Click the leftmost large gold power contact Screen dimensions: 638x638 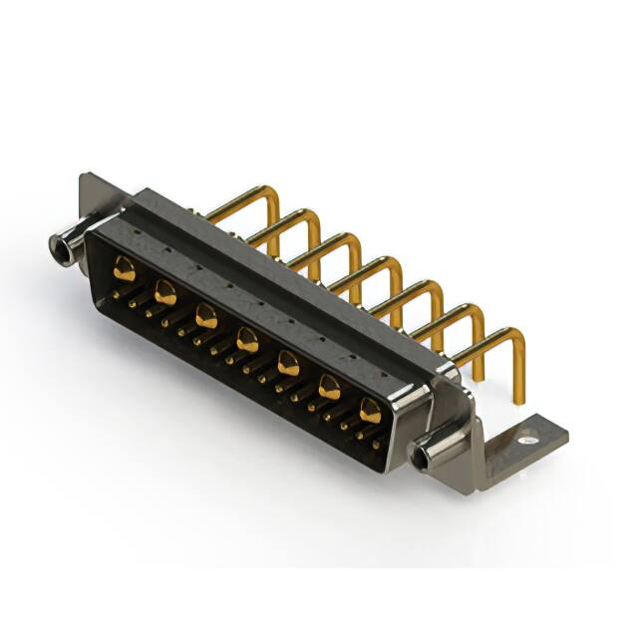124,267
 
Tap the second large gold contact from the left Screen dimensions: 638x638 165,292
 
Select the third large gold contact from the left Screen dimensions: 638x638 206,317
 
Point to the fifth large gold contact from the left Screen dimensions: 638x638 288,364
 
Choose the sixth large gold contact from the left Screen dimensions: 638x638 329,387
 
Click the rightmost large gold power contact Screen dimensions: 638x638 370,409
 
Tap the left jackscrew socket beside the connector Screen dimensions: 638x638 62,245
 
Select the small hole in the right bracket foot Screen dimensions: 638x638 527,436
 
